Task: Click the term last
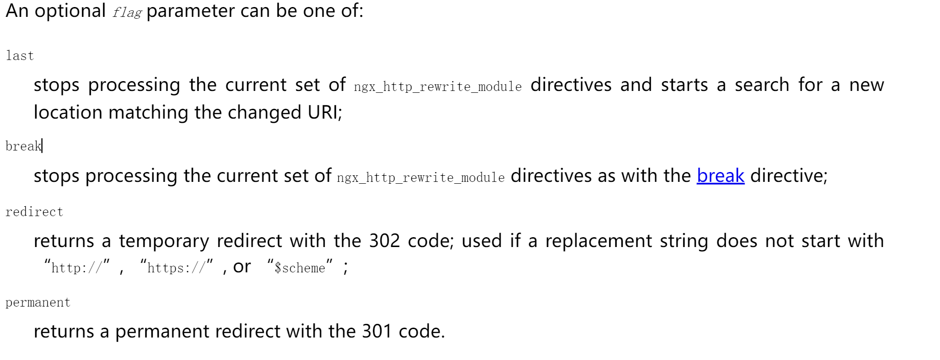(20, 56)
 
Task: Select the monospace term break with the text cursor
(23, 146)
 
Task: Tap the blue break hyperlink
(720, 176)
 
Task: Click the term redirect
(34, 212)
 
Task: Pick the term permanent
(38, 302)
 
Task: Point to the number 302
(384, 241)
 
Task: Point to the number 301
(377, 331)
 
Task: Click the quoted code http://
(76, 268)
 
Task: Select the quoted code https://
(176, 268)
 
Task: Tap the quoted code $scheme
(300, 268)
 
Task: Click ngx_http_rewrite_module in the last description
(438, 87)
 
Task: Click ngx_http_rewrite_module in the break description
(421, 178)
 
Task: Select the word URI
(323, 112)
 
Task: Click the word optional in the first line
(70, 11)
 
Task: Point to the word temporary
(164, 241)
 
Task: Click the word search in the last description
(762, 85)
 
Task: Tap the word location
(68, 112)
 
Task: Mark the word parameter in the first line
(191, 11)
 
